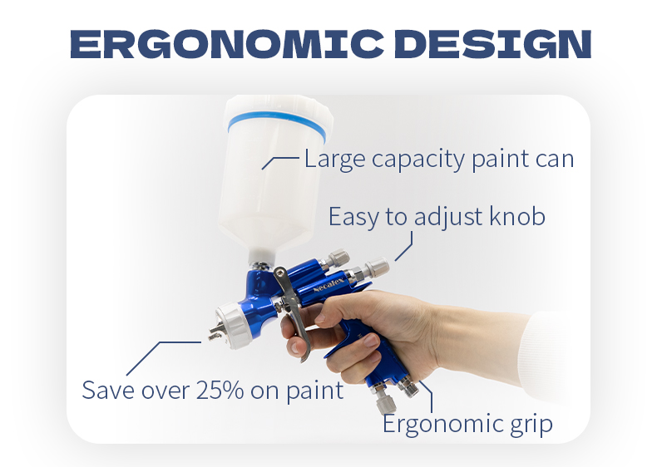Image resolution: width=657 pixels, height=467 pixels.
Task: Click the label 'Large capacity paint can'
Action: coord(439,158)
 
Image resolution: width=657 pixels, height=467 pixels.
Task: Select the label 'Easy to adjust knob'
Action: coord(437,217)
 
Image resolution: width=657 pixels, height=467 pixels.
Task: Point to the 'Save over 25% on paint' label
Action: coord(213,390)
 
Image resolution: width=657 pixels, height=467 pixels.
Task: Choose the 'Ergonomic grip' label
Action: coord(467,425)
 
